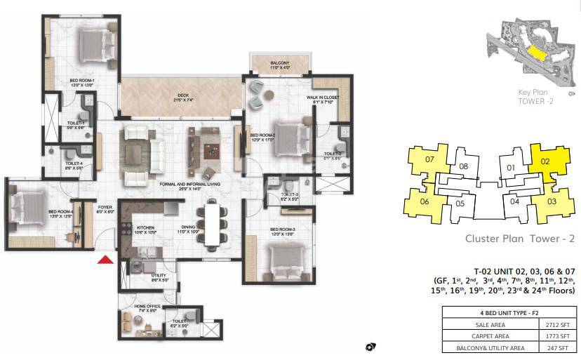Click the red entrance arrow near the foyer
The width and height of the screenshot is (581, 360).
coord(105,260)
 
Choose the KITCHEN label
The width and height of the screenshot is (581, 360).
coord(145,229)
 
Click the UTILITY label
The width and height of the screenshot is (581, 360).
coord(159,278)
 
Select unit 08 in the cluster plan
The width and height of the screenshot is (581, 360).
coord(463,166)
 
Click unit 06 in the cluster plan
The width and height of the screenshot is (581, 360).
coord(424,201)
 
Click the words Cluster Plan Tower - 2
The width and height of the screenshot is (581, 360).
coord(520,239)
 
